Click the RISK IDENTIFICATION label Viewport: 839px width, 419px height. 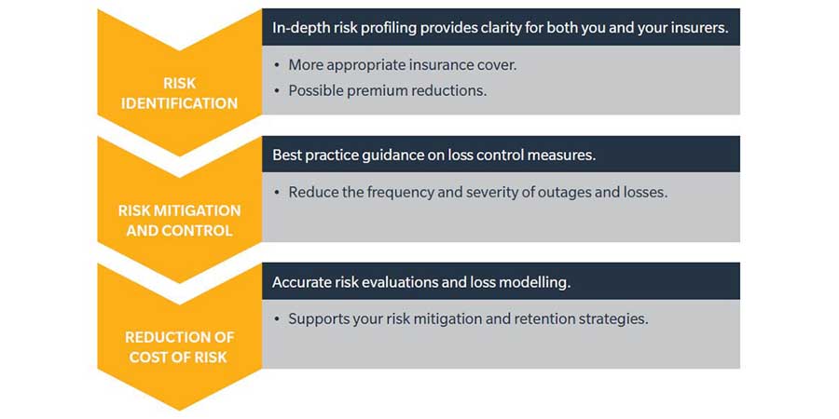pyautogui.click(x=179, y=93)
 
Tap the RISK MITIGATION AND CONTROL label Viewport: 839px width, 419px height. pyautogui.click(x=179, y=220)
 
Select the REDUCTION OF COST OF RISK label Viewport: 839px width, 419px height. pyautogui.click(x=179, y=347)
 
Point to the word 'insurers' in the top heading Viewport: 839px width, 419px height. pyautogui.click(x=704, y=28)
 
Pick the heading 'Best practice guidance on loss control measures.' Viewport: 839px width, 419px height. pyautogui.click(x=433, y=155)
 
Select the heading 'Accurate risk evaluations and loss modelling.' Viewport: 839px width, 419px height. pyautogui.click(x=421, y=282)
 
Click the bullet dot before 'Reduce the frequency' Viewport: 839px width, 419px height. pyautogui.click(x=277, y=193)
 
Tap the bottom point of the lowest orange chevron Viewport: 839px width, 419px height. pyautogui.click(x=179, y=411)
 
